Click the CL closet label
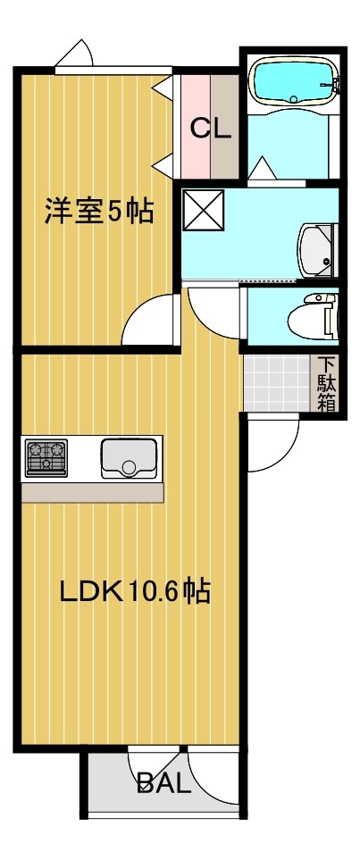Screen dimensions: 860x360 click(x=211, y=128)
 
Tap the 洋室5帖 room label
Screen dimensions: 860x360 click(x=99, y=212)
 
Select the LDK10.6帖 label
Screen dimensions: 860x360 click(x=134, y=591)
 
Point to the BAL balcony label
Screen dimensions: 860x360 click(x=164, y=785)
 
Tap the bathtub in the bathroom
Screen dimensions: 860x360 click(x=293, y=82)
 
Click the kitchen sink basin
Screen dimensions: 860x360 click(x=129, y=457)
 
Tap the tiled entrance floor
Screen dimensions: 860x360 click(x=279, y=383)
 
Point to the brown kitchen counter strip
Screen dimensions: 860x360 click(x=92, y=492)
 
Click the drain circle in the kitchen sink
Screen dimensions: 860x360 click(x=130, y=466)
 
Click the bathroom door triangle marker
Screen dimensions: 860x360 click(x=263, y=168)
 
